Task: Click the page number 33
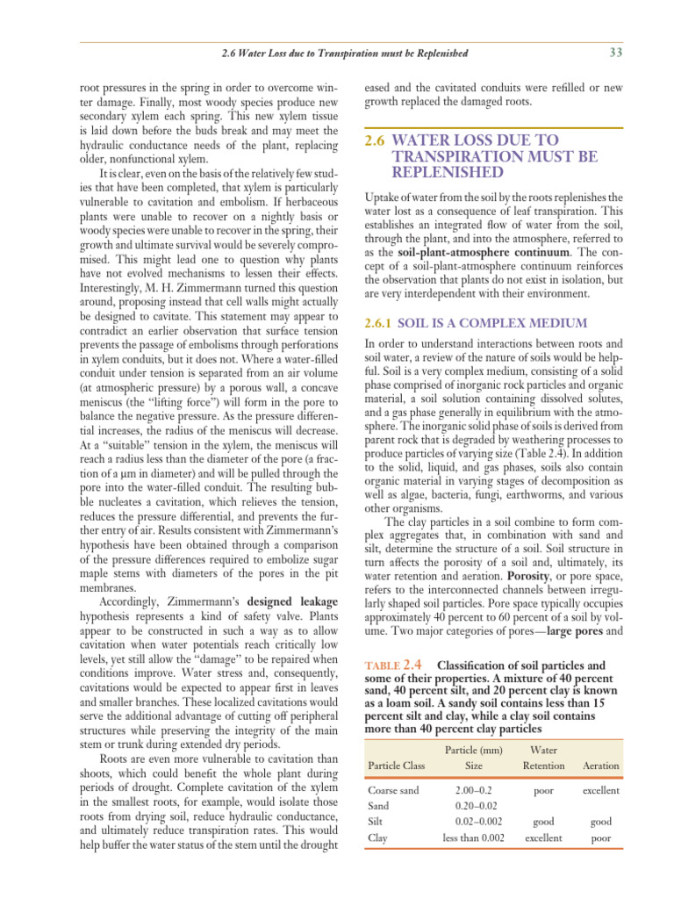(x=614, y=53)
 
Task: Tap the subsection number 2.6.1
(x=384, y=323)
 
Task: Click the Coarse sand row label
(x=394, y=791)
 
